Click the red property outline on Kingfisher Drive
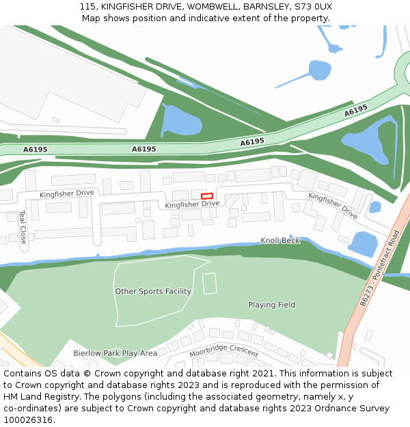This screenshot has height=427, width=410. tap(207, 196)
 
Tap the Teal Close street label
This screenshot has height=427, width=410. tap(23, 227)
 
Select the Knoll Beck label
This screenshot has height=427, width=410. tap(280, 240)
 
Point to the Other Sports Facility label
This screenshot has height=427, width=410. tap(153, 291)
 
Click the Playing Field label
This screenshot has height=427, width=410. tap(271, 305)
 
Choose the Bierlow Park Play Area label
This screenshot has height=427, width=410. tap(115, 353)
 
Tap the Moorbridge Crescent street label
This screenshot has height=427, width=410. tap(224, 351)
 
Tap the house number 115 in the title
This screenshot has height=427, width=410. tap(87, 6)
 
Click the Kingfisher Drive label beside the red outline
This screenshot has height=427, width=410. tap(192, 204)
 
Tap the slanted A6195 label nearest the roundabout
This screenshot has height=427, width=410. tap(356, 110)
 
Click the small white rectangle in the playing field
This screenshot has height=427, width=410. tap(210, 283)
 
